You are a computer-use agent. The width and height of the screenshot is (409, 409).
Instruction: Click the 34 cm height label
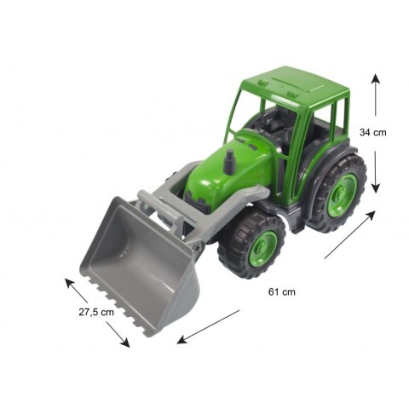[373, 132]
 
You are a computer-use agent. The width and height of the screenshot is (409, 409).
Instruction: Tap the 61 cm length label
[282, 292]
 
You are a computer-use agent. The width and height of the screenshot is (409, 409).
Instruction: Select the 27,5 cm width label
[96, 312]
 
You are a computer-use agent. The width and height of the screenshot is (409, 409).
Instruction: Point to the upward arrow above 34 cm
[376, 95]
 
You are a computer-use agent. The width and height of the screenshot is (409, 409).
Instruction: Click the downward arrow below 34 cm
[376, 172]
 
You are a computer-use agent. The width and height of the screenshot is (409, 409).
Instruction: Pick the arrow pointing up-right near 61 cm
[350, 234]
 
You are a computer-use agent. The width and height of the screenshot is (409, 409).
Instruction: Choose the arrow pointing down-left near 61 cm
[208, 327]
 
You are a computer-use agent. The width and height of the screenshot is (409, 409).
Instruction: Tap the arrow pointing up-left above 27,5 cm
[76, 291]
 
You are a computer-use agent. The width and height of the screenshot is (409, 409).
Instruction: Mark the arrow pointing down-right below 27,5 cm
[118, 335]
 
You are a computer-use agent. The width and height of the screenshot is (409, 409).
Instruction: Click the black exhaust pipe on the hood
[228, 163]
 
